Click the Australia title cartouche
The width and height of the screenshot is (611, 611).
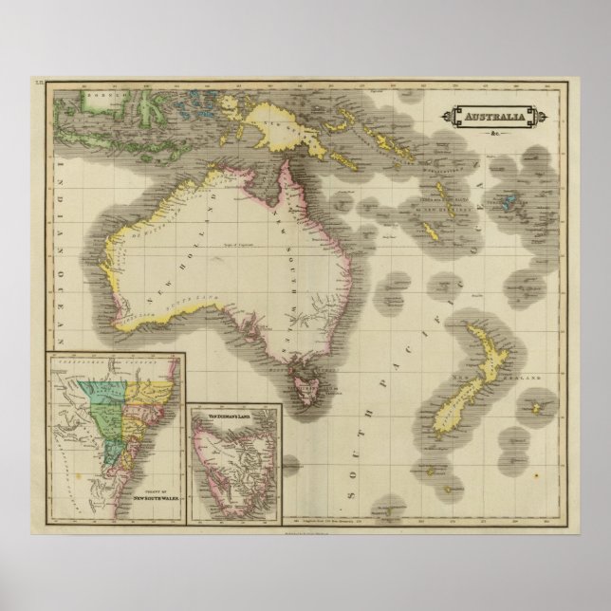pyautogui.click(x=484, y=118)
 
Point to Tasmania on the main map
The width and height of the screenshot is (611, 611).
pyautogui.click(x=306, y=382)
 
